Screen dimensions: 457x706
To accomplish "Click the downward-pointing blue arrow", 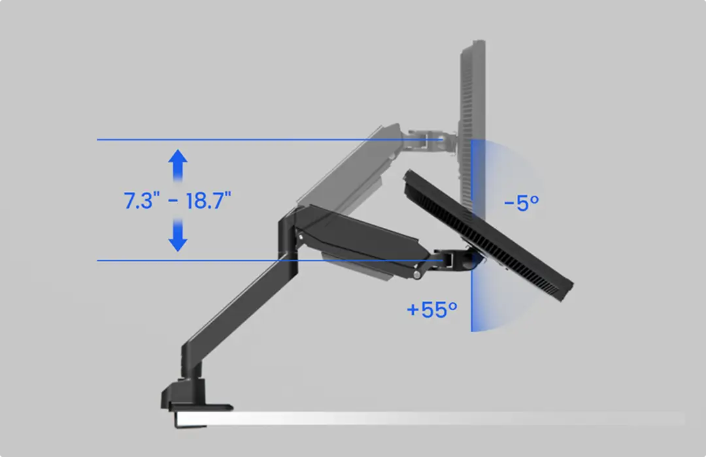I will [178, 236].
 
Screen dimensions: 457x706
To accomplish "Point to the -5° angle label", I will [521, 202].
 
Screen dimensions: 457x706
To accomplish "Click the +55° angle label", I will [431, 309].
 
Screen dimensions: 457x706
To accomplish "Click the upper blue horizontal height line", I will [248, 140].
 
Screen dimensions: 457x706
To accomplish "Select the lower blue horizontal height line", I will [248, 260].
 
